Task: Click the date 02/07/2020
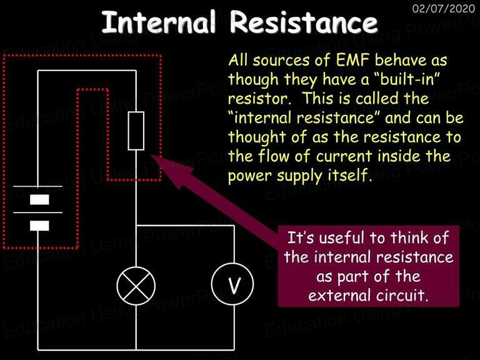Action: point(444,8)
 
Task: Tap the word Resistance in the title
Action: point(304,22)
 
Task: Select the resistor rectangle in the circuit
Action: point(136,131)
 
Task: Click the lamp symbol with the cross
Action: point(136,286)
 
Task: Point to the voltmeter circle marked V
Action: point(232,284)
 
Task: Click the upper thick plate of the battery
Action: point(39,199)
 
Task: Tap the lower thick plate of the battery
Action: point(39,226)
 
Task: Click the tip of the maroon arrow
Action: point(151,155)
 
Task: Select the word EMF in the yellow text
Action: point(352,60)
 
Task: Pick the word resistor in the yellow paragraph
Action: point(259,99)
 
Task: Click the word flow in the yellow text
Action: point(274,156)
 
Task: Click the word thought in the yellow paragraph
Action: point(257,137)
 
